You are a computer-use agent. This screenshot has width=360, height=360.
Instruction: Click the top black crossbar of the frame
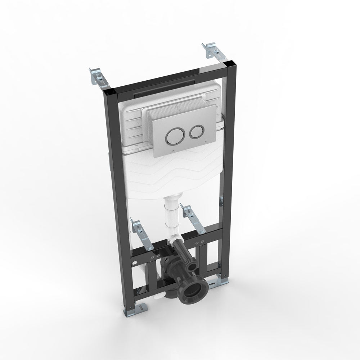(x=162, y=79)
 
